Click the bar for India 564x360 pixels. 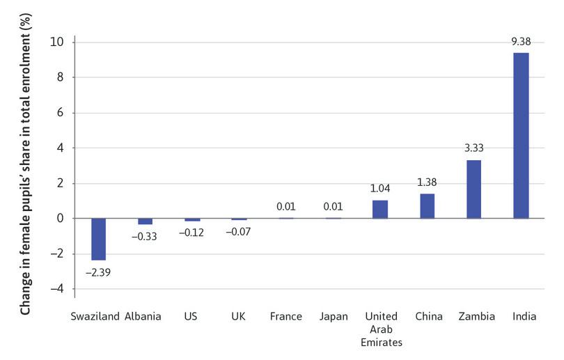coord(521,136)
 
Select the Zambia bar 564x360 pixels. coord(473,189)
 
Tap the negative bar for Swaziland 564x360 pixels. coord(98,239)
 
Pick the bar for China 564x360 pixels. coord(427,206)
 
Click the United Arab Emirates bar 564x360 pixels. coord(380,209)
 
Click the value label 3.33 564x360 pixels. coord(473,148)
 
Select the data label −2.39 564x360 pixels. coord(98,272)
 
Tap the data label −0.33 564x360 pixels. coord(145,237)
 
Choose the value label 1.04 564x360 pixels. coord(380,189)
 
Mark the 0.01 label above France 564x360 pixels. coord(286,206)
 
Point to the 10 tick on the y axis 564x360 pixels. coord(57,42)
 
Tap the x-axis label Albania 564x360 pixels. coord(143,317)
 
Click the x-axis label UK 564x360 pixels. coord(239,317)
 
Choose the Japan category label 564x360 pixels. coord(333,317)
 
